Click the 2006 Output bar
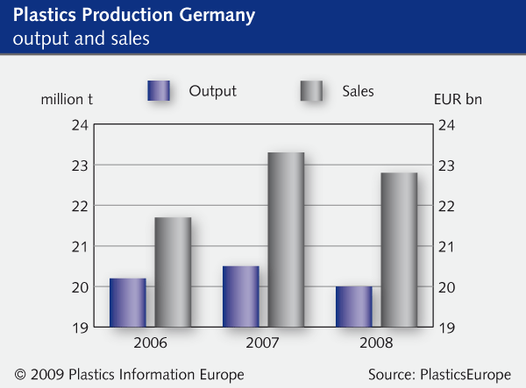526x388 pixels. (x=128, y=302)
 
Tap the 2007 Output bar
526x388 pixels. (x=241, y=296)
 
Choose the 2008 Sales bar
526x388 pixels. (x=399, y=250)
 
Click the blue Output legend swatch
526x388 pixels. (x=158, y=91)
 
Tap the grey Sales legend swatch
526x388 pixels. (x=312, y=91)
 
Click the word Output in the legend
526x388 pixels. (x=213, y=90)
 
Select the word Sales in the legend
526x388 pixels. (x=359, y=90)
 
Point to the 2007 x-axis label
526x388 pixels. (x=264, y=342)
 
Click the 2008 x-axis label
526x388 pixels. (x=377, y=342)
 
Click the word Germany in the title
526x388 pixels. (x=211, y=17)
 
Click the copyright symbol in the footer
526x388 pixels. (x=20, y=375)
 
